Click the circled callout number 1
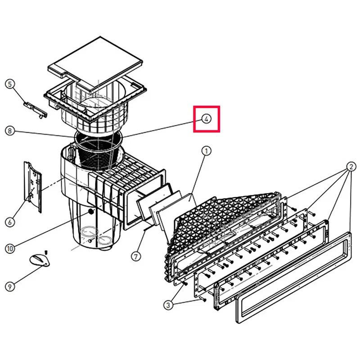click(x=206, y=151)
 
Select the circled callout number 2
click(x=351, y=166)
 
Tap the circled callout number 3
click(x=168, y=306)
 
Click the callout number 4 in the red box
click(x=206, y=119)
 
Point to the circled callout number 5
click(x=9, y=84)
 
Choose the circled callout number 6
click(x=9, y=222)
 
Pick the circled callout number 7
click(x=136, y=256)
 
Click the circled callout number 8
click(x=9, y=131)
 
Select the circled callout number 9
click(x=9, y=287)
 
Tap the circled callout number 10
click(x=10, y=249)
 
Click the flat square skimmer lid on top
click(x=95, y=65)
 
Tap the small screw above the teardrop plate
click(x=46, y=252)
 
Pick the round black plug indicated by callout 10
click(x=91, y=211)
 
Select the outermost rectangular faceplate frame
click(x=293, y=278)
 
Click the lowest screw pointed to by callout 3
click(x=203, y=299)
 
